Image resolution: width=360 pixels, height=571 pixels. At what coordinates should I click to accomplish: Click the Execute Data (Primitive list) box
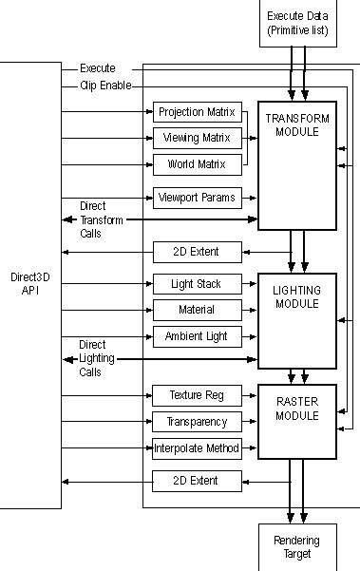[x=297, y=23]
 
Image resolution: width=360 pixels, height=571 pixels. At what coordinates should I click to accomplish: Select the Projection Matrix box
[x=197, y=111]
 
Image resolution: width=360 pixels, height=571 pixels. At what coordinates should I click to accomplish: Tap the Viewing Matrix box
[x=197, y=138]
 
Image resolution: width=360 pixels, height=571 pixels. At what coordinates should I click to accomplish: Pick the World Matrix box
[x=197, y=163]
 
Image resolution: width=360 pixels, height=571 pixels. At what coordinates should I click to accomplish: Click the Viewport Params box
[x=197, y=199]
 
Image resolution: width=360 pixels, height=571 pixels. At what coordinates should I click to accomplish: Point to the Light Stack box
[x=197, y=283]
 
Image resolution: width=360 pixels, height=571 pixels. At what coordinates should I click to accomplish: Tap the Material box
[x=197, y=310]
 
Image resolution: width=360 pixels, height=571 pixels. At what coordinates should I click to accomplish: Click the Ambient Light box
[x=197, y=335]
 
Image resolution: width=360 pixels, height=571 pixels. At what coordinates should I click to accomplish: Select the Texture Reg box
[x=197, y=394]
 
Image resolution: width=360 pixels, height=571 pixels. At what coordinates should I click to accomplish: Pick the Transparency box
[x=197, y=421]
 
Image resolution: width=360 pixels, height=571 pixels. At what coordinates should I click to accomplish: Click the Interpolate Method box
[x=197, y=447]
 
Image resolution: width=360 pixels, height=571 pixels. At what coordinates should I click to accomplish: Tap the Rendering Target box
[x=297, y=546]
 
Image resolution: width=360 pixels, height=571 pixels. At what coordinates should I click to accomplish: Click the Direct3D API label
[x=30, y=283]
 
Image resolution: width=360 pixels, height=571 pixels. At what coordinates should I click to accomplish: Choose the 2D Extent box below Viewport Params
[x=197, y=252]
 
